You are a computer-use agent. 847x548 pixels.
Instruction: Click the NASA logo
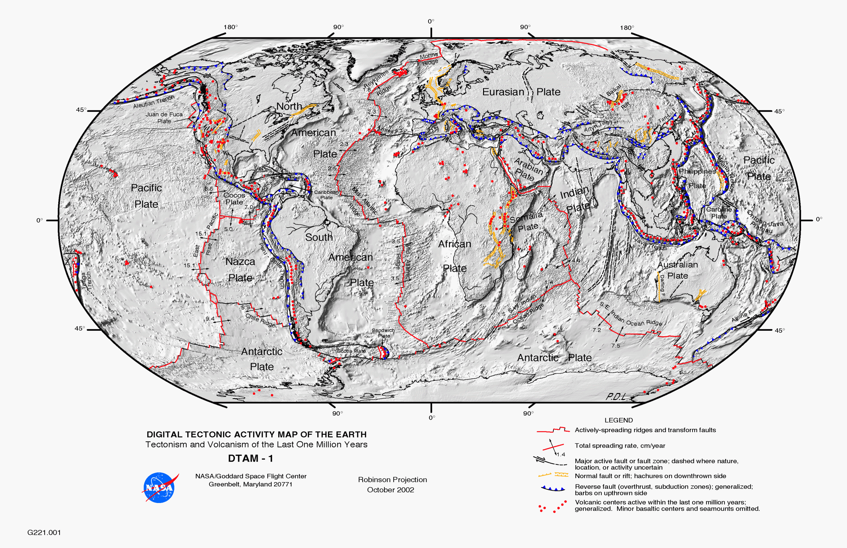tap(160, 487)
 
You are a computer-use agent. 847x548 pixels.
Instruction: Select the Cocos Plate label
tap(234, 199)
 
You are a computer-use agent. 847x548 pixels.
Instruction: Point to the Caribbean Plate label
tap(326, 195)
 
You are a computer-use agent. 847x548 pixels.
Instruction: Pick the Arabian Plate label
tap(528, 170)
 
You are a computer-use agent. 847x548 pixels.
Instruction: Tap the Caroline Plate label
tap(719, 213)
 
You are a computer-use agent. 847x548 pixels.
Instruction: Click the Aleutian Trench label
tap(154, 102)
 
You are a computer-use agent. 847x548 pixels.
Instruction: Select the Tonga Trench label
tap(86, 281)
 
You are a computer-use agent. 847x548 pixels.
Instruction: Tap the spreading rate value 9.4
tap(210, 319)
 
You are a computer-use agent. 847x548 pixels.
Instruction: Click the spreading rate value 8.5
tap(209, 189)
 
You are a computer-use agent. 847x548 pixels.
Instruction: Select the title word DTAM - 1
tap(250, 458)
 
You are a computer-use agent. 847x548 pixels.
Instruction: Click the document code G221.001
tap(44, 532)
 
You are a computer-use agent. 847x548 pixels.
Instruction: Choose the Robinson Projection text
tap(392, 480)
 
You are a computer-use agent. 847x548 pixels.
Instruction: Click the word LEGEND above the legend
tap(618, 420)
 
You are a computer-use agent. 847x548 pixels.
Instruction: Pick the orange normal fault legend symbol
tap(553, 475)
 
